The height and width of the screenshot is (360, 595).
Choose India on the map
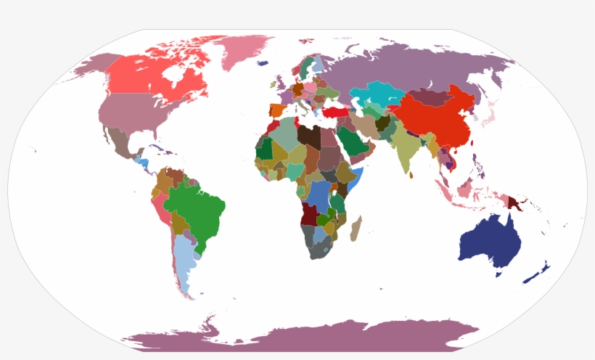pyautogui.click(x=406, y=149)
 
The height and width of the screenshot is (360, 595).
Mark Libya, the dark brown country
pyautogui.click(x=309, y=136)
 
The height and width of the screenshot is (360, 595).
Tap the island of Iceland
pyautogui.click(x=263, y=63)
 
